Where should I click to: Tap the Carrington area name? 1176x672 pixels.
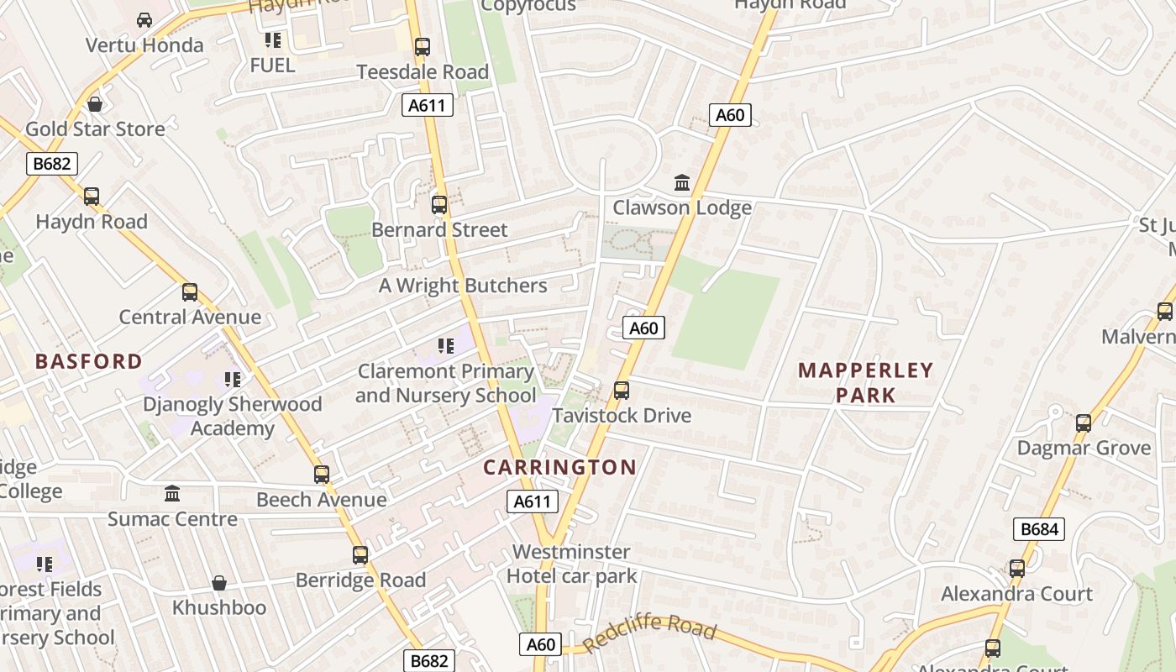(x=559, y=468)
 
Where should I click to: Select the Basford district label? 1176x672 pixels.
(x=89, y=362)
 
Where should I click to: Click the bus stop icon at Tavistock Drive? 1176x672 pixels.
(x=622, y=391)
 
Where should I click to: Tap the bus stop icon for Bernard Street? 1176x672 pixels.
(x=439, y=204)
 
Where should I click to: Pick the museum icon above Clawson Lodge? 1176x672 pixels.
(x=682, y=182)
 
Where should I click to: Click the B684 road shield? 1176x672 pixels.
(x=1039, y=529)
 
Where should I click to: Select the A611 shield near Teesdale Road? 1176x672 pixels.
(x=428, y=105)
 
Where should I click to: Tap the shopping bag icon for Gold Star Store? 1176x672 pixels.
(x=95, y=104)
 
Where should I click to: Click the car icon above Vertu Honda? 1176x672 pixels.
(x=144, y=19)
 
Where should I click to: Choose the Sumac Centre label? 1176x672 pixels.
(x=172, y=519)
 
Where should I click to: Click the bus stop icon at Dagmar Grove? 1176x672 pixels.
(x=1084, y=423)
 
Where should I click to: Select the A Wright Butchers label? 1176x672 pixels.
(x=463, y=286)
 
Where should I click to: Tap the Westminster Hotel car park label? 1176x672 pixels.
(x=571, y=564)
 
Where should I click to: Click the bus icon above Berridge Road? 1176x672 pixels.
(x=360, y=555)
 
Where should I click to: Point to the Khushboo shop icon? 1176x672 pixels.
(x=219, y=583)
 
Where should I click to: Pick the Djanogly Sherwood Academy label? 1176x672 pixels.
(x=233, y=416)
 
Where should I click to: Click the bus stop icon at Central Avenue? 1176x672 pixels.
(x=190, y=292)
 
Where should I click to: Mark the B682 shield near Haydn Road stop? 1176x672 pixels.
(x=52, y=163)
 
